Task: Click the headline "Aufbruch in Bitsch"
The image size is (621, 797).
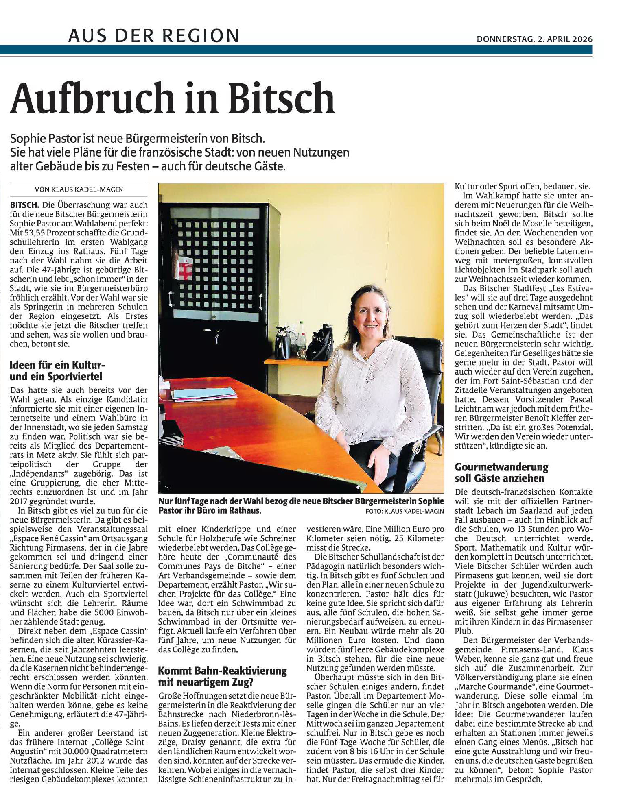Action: click(x=172, y=98)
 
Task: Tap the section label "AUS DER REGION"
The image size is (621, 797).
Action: click(x=153, y=36)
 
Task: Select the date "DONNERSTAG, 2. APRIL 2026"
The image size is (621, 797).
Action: click(x=534, y=39)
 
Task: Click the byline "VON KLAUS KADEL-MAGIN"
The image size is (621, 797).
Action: click(x=79, y=189)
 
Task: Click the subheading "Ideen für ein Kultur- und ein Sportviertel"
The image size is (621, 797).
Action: click(x=57, y=370)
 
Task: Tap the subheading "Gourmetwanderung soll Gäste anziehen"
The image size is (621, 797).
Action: click(x=501, y=472)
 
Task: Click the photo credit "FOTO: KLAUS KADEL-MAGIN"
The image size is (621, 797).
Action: click(x=405, y=511)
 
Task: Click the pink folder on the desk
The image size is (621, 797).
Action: click(x=203, y=393)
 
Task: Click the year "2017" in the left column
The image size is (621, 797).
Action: click(x=20, y=501)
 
